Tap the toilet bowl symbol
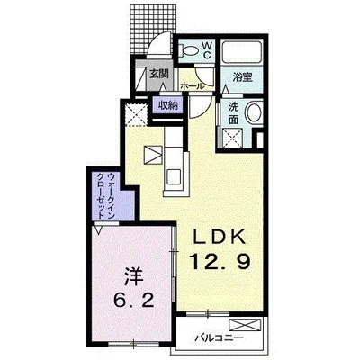coord(188,50)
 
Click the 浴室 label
coord(242,77)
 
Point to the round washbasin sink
coord(254,112)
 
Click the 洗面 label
coord(234,113)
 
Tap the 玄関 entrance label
coord(158,74)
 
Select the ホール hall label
coord(192,86)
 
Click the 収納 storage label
coord(168,105)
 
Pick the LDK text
coord(220,238)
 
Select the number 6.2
coord(134,298)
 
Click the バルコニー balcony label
coord(219,338)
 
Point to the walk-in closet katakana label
coord(107,196)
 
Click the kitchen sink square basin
coord(173,176)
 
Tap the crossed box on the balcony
coord(245,325)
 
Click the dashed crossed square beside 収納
coord(136,115)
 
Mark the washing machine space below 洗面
coord(233,138)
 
